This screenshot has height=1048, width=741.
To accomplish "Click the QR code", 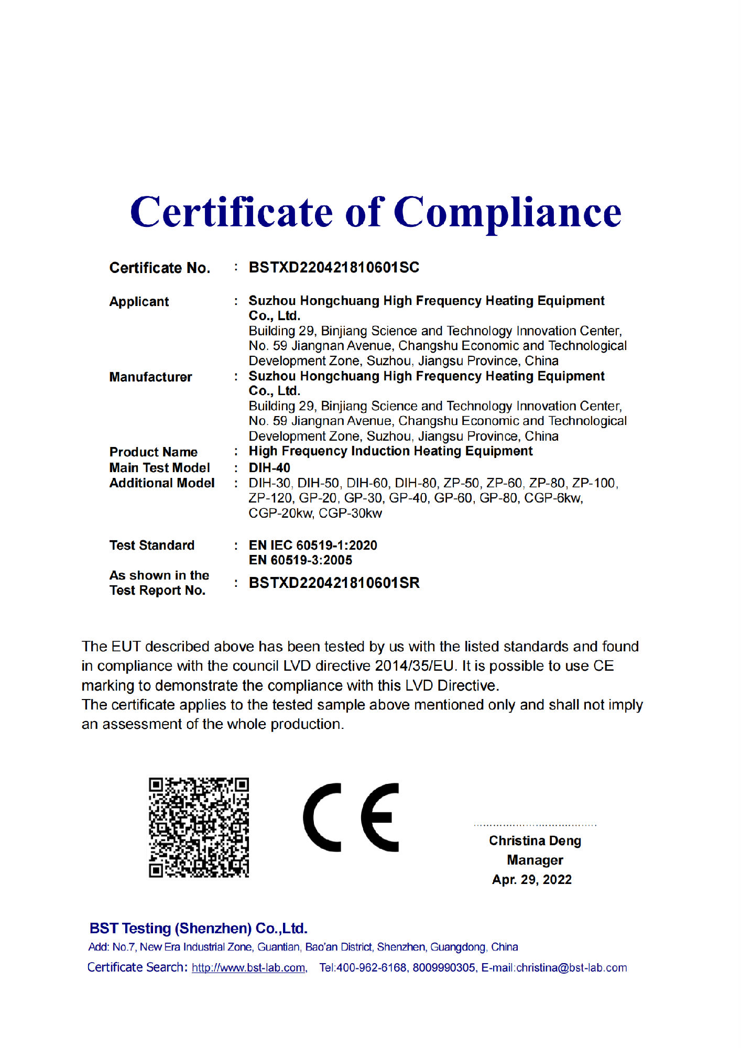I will pyautogui.click(x=199, y=827).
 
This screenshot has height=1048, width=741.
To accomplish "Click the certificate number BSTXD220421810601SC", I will pyautogui.click(x=334, y=267).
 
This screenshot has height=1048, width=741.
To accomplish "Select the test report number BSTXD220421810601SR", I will pyautogui.click(x=334, y=583).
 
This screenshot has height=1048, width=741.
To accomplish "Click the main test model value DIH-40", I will pyautogui.click(x=269, y=467).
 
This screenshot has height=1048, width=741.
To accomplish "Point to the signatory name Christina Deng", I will pyautogui.click(x=535, y=840).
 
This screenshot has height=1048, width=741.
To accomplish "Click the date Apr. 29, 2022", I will pyautogui.click(x=531, y=879).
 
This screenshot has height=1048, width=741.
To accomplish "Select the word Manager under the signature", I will pyautogui.click(x=535, y=860).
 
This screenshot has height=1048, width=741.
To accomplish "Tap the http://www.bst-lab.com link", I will pyautogui.click(x=249, y=968).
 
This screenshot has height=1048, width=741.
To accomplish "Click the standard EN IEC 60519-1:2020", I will pyautogui.click(x=313, y=545).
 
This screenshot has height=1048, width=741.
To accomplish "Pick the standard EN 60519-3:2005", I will pyautogui.click(x=300, y=560).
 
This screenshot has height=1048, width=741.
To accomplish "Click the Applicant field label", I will pyautogui.click(x=139, y=302).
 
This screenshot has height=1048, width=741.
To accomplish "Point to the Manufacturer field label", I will pyautogui.click(x=150, y=377).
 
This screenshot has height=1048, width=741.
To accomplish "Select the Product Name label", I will pyautogui.click(x=153, y=452).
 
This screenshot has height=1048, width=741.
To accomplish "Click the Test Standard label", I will pyautogui.click(x=151, y=545).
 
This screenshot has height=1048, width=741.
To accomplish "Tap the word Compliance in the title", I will pyautogui.click(x=507, y=212).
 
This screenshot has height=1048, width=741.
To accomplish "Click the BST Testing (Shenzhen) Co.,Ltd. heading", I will pyautogui.click(x=198, y=929).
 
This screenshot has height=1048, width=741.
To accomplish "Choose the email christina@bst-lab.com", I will pyautogui.click(x=571, y=968).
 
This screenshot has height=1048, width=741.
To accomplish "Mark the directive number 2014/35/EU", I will pyautogui.click(x=414, y=665).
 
